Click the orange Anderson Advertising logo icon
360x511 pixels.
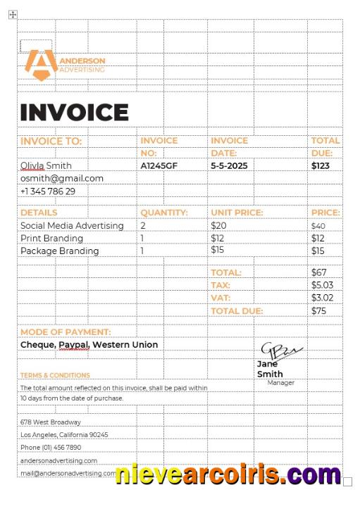pyautogui.click(x=40, y=64)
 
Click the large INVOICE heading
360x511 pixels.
pyautogui.click(x=74, y=113)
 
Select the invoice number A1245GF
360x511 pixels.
pyautogui.click(x=159, y=166)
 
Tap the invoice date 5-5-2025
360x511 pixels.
pyautogui.click(x=230, y=166)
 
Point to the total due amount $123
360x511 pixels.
pyautogui.click(x=321, y=166)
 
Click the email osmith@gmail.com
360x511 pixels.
pyautogui.click(x=62, y=179)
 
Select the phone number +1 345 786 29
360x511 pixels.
pyautogui.click(x=48, y=191)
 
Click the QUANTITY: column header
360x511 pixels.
pyautogui.click(x=164, y=213)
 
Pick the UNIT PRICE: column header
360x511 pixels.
pyautogui.click(x=237, y=213)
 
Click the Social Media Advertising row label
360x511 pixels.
pyautogui.click(x=72, y=226)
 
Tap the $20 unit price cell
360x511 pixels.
pyautogui.click(x=218, y=226)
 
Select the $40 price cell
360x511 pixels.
pyautogui.click(x=318, y=226)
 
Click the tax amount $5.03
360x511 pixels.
pyautogui.click(x=322, y=285)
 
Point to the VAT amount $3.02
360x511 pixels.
pyautogui.click(x=322, y=298)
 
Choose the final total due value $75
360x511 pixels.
pyautogui.click(x=319, y=311)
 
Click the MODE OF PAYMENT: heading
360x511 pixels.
pyautogui.click(x=66, y=332)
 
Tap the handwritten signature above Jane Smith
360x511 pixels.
pyautogui.click(x=280, y=350)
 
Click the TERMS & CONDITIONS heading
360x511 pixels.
pyautogui.click(x=55, y=376)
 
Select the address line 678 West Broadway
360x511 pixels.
pyautogui.click(x=51, y=422)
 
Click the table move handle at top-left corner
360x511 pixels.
pyautogui.click(x=12, y=15)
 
